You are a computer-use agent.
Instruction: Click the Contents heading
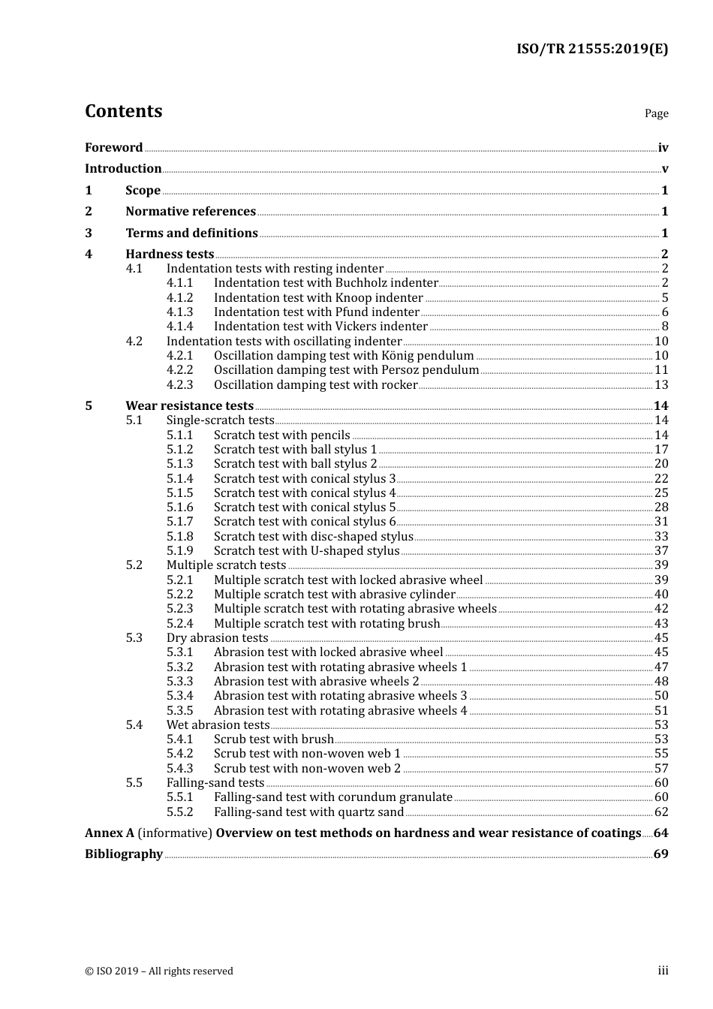pos(123,111)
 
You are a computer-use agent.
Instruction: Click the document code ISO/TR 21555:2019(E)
pos(591,50)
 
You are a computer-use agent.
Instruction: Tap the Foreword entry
pos(113,148)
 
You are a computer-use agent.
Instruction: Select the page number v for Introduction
pos(664,169)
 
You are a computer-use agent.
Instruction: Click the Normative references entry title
pos(191,212)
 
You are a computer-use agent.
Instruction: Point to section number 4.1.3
pos(179,312)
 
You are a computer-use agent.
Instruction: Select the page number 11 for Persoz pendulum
pos(661,370)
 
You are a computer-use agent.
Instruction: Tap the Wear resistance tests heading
pos(189,406)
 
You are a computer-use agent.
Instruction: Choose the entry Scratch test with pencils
pos(281,435)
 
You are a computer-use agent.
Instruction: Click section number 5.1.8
pos(179,537)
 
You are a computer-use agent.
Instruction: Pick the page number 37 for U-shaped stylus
pos(661,551)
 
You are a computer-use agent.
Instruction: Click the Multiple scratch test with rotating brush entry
pos(326,624)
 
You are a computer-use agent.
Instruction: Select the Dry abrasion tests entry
pos(217,638)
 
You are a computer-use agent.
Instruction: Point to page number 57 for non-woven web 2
pos(661,769)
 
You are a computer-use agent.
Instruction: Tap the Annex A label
pos(110,833)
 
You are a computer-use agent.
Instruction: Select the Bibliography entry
pos(124,854)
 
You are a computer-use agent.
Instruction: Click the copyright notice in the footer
pos(159,971)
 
